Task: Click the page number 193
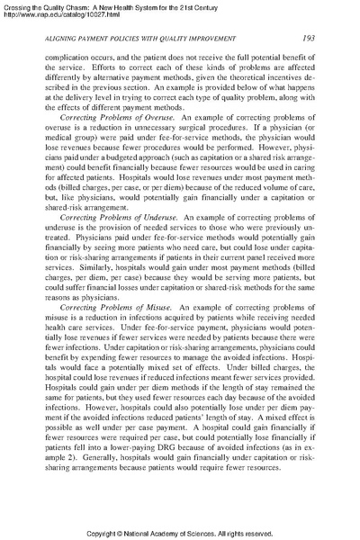307,37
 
